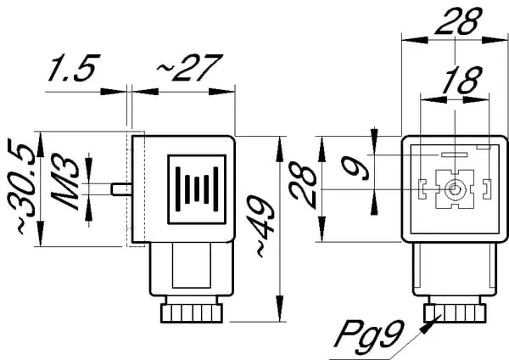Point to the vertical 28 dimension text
304,188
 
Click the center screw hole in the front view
456,189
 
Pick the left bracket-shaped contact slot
422,188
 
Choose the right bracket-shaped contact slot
486,188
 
